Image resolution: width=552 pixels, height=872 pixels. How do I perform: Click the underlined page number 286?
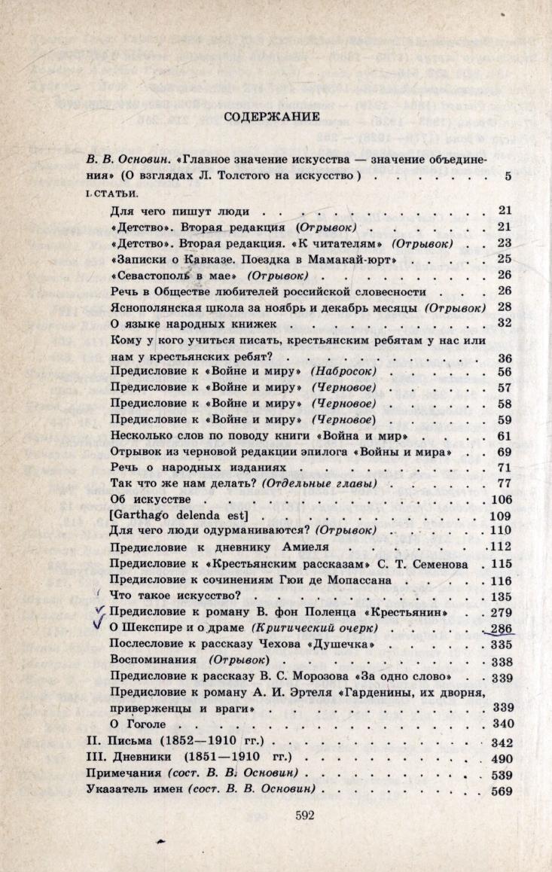coord(501,628)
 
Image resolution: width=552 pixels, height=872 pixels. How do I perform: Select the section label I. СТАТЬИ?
coord(109,194)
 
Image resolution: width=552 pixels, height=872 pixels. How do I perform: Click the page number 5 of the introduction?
coord(508,177)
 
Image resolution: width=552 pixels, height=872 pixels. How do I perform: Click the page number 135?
coord(501,596)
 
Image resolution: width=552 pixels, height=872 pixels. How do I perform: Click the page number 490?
coord(502,759)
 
